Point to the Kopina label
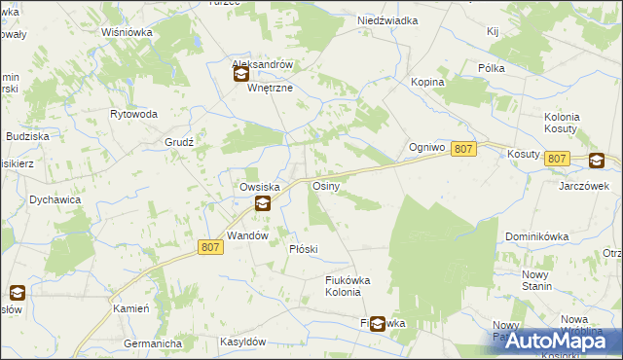427,82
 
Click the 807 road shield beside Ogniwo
464,148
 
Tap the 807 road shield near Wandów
211,247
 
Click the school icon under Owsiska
262,203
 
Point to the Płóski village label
304,249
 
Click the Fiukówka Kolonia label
348,286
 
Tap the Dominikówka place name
536,236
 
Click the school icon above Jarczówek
596,162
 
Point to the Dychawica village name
55,199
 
